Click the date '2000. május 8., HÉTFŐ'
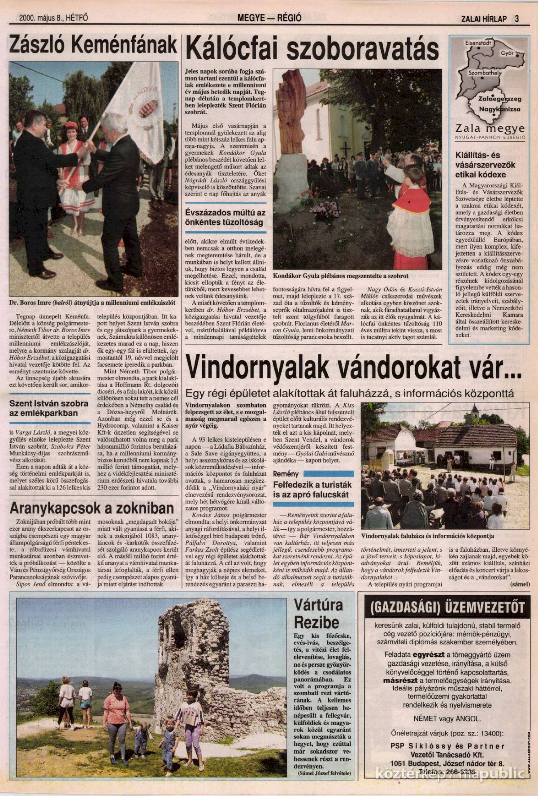53,18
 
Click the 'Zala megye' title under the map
486,125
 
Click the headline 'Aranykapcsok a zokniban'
92,508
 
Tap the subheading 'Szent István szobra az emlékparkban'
43,408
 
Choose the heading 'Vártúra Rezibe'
318,614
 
